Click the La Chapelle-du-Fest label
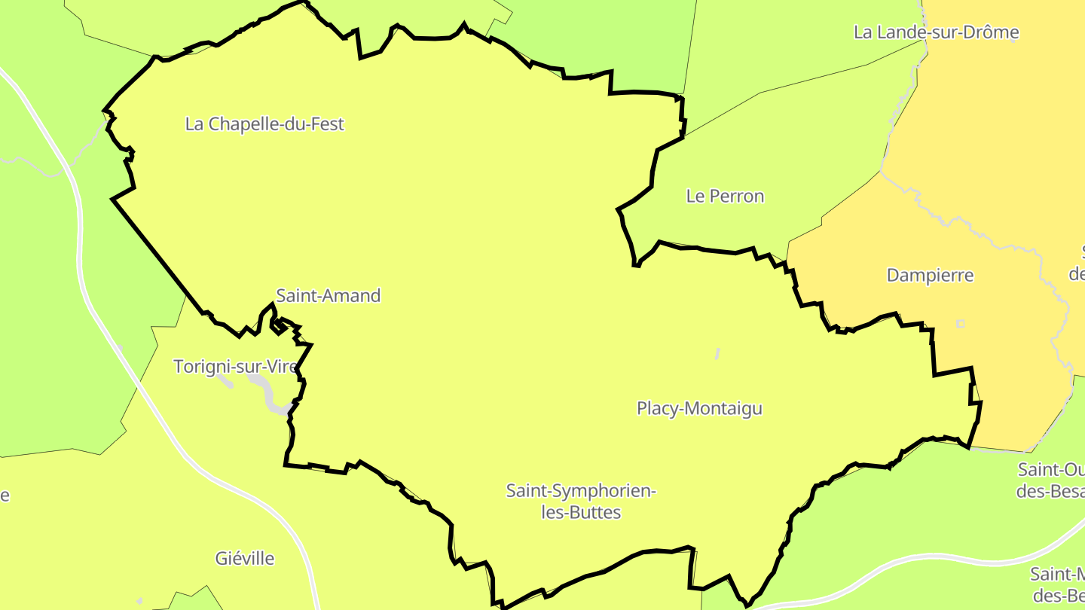click(264, 124)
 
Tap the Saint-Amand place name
click(329, 296)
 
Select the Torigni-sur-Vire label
click(236, 367)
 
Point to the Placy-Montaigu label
click(699, 409)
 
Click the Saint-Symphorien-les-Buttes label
click(581, 502)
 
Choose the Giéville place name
click(245, 559)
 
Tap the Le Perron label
click(725, 197)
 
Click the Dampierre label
click(930, 276)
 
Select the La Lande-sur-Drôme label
click(936, 32)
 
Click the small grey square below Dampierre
click(960, 324)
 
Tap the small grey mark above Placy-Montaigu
click(717, 352)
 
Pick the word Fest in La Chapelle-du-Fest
click(328, 124)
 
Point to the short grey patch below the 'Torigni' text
click(225, 382)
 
